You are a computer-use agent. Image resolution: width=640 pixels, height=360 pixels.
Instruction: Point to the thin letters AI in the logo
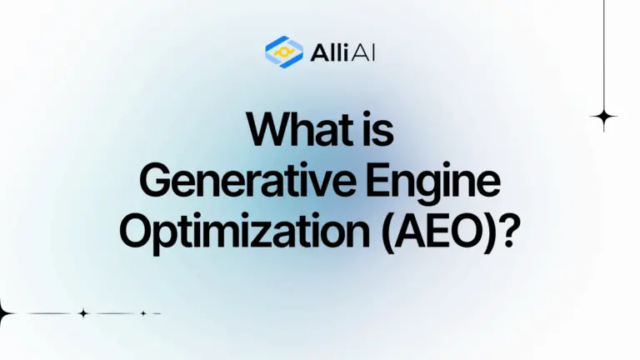(357, 52)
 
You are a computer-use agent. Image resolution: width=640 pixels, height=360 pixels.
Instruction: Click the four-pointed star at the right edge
(603, 117)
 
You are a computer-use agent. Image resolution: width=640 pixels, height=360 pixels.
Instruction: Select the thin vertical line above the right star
(603, 50)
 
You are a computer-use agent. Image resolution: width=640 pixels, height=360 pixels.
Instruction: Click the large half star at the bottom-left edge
(4, 314)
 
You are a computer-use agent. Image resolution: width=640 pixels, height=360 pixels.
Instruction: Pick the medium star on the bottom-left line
(82, 313)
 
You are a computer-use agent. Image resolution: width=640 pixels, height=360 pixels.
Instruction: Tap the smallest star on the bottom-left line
(143, 313)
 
